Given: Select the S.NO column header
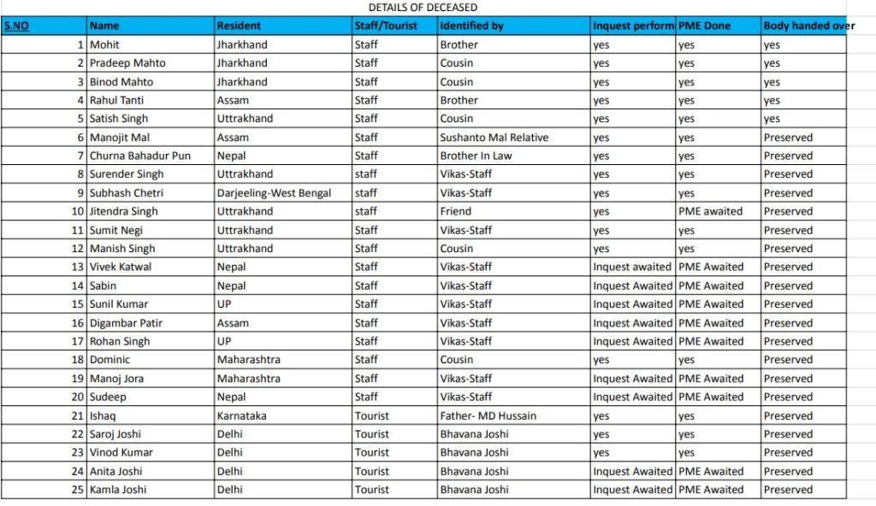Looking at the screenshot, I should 16,26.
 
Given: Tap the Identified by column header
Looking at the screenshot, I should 471,26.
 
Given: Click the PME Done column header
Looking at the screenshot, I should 704,26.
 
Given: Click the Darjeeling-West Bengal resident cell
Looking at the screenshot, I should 274,192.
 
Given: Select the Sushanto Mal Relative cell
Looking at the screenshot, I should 494,137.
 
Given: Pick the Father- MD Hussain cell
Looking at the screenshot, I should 488,415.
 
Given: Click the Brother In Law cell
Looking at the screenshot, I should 476,156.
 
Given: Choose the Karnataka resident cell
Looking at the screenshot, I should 242,415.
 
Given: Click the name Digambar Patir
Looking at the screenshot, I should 127,323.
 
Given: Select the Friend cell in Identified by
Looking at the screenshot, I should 455,211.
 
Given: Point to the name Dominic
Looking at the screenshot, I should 109,360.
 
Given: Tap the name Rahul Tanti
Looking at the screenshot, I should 116,100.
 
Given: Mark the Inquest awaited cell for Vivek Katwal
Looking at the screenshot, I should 632,267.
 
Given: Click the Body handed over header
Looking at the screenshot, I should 808,26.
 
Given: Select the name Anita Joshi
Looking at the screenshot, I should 116,471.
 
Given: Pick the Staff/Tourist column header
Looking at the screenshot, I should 386,26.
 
